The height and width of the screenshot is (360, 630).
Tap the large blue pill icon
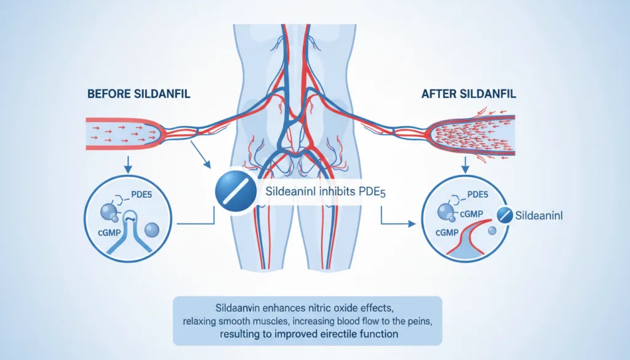pyautogui.click(x=236, y=191)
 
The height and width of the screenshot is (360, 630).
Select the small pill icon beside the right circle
pyautogui.click(x=504, y=215)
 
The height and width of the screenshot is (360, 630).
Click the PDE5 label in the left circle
pyautogui.click(x=142, y=195)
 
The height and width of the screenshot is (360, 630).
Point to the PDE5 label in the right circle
pyautogui.click(x=477, y=195)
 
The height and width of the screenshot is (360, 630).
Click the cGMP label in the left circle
pyautogui.click(x=110, y=233)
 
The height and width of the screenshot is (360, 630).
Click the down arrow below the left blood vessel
pyautogui.click(x=128, y=165)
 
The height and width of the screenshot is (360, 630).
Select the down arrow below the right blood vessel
pyautogui.click(x=465, y=165)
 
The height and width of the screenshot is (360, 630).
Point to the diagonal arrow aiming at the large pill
pyautogui.click(x=201, y=154)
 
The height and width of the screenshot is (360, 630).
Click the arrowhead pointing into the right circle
pyautogui.click(x=412, y=224)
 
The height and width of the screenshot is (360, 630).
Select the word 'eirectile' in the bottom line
pyautogui.click(x=341, y=334)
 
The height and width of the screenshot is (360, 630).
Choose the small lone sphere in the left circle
pyautogui.click(x=151, y=230)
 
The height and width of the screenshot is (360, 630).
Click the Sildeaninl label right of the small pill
pyautogui.click(x=539, y=216)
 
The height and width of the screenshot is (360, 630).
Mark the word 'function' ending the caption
pyautogui.click(x=381, y=334)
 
